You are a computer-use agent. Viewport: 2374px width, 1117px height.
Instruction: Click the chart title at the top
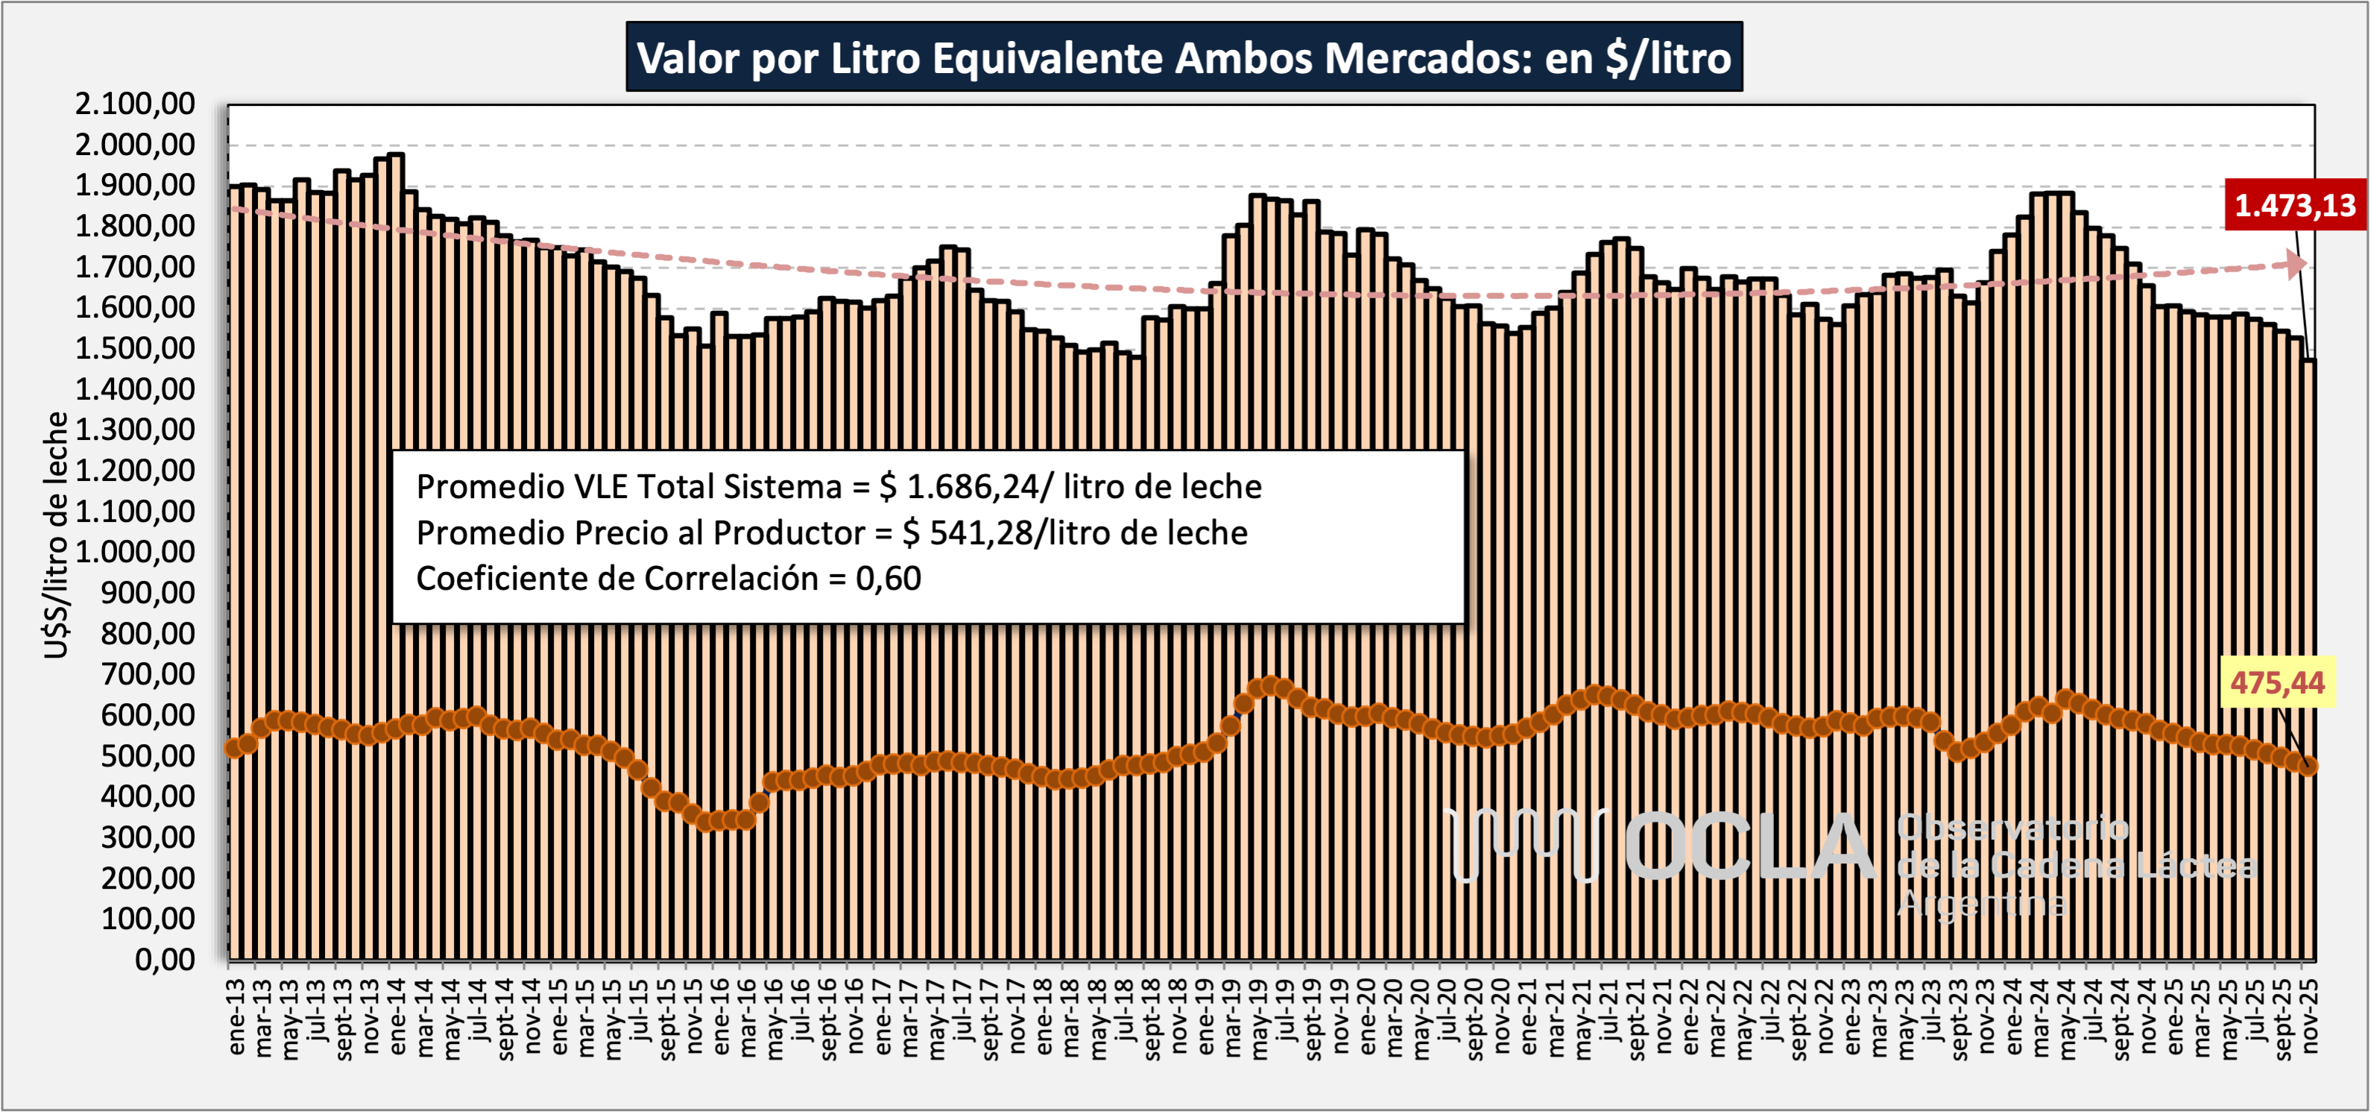(x=1184, y=57)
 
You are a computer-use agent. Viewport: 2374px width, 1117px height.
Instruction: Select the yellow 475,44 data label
(x=2277, y=683)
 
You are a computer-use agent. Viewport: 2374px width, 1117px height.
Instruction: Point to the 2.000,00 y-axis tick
(x=136, y=145)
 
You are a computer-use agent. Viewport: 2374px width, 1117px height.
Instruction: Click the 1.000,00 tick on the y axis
(x=136, y=552)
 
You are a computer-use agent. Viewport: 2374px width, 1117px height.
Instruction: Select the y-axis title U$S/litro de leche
(x=56, y=535)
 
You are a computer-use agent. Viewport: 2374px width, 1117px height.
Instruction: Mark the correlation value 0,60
(x=888, y=579)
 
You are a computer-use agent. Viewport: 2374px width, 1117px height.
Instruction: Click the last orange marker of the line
(x=2308, y=766)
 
